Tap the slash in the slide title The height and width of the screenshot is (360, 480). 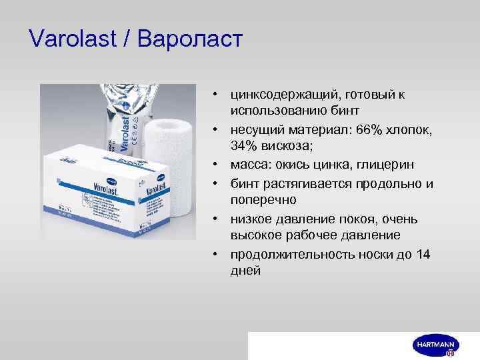[x=127, y=39]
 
